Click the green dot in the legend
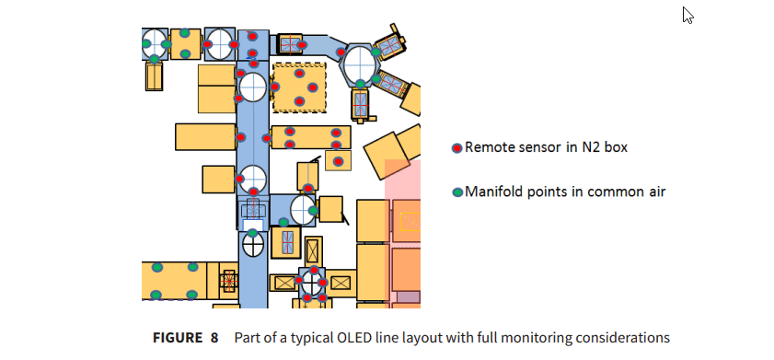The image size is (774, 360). (x=456, y=193)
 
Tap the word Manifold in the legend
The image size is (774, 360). (x=494, y=192)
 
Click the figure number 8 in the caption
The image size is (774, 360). (x=214, y=337)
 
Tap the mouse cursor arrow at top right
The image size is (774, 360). (x=687, y=15)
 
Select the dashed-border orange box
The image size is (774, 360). (x=300, y=87)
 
